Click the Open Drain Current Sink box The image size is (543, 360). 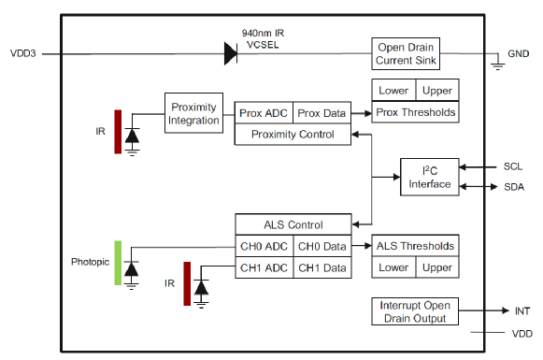(406, 53)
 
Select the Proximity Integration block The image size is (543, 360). (193, 113)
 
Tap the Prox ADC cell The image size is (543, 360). (264, 113)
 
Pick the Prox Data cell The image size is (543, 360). (322, 113)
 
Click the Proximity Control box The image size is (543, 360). (293, 134)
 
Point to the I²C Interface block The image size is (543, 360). (430, 177)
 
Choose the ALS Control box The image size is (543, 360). (293, 224)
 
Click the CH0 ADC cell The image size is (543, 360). (264, 246)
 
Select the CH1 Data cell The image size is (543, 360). (322, 267)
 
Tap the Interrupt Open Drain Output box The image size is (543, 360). (415, 311)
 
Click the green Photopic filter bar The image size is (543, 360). (118, 263)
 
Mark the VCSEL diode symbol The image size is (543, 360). (231, 53)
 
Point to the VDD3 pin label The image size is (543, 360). (22, 53)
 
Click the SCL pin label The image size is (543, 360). (513, 166)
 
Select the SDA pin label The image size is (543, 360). (514, 187)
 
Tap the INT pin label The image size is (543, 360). (522, 311)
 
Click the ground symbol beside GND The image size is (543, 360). (497, 65)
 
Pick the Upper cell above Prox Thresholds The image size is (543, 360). (437, 91)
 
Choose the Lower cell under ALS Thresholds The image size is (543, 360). (393, 267)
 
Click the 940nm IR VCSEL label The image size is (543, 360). (263, 39)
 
